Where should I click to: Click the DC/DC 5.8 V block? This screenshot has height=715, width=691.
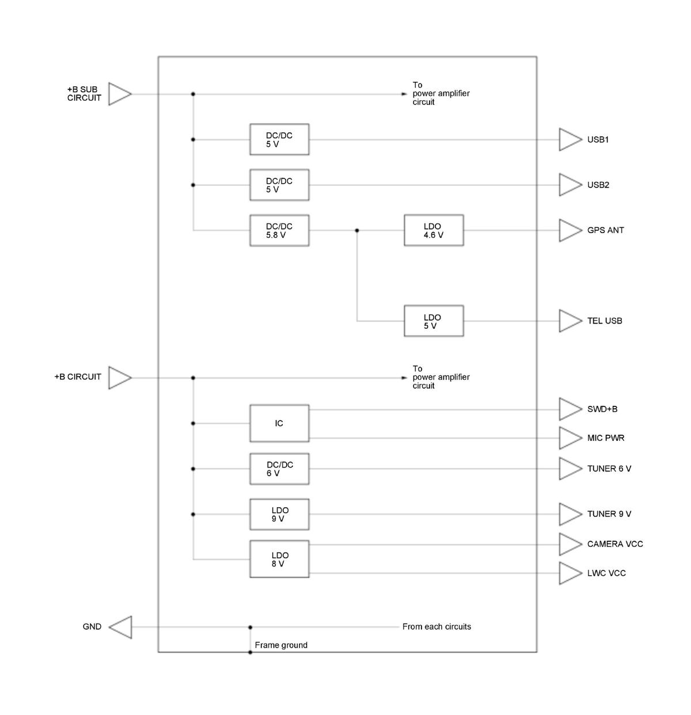click(x=279, y=230)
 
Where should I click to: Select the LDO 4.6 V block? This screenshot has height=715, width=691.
click(x=434, y=230)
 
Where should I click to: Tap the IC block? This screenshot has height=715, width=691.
click(x=279, y=423)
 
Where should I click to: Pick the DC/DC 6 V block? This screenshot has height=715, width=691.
click(x=279, y=469)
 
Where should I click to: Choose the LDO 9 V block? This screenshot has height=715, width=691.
click(x=279, y=515)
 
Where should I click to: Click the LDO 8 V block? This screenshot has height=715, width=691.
click(x=279, y=559)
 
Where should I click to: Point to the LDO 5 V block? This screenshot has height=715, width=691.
click(x=434, y=321)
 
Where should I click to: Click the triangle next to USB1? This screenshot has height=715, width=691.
click(x=571, y=140)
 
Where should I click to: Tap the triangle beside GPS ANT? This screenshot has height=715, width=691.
click(x=571, y=230)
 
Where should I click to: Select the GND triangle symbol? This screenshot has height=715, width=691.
click(x=120, y=627)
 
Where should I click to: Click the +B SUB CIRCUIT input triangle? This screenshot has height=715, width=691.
click(x=120, y=94)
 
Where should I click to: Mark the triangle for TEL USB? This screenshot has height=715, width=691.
click(x=571, y=321)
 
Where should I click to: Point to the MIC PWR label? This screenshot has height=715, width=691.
click(x=605, y=438)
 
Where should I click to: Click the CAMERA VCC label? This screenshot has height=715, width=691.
click(x=615, y=544)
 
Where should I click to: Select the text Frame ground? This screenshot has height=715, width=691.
click(x=281, y=645)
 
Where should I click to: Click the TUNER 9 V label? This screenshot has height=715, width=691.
click(x=609, y=514)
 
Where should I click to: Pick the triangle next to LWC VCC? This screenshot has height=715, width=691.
click(x=571, y=573)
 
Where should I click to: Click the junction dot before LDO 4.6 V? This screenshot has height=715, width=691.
click(x=357, y=230)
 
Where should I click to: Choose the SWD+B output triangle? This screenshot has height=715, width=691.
click(x=571, y=409)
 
